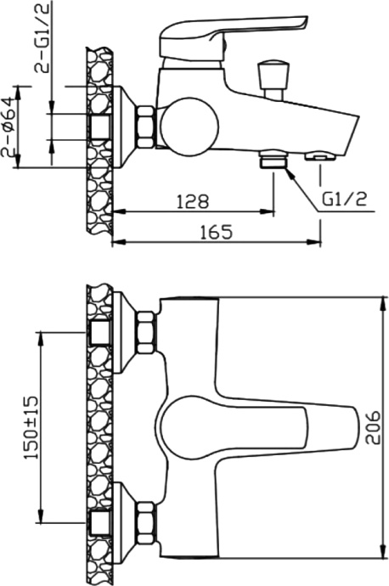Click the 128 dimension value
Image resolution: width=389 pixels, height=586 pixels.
(194, 201)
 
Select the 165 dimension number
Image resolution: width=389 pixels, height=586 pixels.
(217, 231)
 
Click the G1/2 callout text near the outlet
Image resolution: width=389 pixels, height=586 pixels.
(345, 200)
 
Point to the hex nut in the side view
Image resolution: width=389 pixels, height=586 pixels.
(145, 125)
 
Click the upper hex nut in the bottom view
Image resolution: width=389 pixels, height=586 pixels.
(145, 332)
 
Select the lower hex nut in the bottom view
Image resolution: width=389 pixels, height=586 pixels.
(145, 519)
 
